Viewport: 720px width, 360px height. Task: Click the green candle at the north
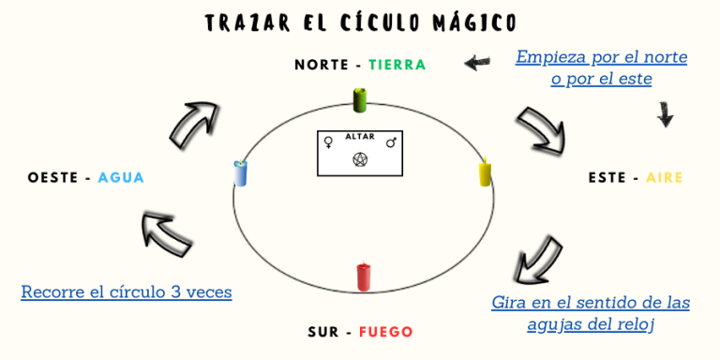(359, 99)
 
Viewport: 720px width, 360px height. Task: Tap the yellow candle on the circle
(485, 172)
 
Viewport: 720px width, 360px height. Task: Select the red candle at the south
(364, 277)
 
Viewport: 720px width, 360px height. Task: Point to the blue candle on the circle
(241, 172)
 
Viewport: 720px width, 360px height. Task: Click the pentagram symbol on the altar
(359, 159)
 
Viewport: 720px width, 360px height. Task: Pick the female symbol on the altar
(329, 142)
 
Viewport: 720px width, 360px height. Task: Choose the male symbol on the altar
(392, 142)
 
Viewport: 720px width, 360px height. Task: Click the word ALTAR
(360, 137)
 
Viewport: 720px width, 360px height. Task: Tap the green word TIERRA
(397, 65)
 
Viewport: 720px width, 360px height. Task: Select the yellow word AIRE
(664, 177)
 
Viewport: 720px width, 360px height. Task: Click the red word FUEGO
(385, 332)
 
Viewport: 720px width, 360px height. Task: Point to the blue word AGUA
(121, 177)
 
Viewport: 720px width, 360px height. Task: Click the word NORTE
(322, 65)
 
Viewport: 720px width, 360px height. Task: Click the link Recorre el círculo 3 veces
(127, 292)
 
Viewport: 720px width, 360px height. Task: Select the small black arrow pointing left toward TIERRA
(477, 63)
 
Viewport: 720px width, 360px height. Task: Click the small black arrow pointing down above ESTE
(665, 114)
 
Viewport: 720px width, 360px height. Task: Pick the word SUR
(324, 332)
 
